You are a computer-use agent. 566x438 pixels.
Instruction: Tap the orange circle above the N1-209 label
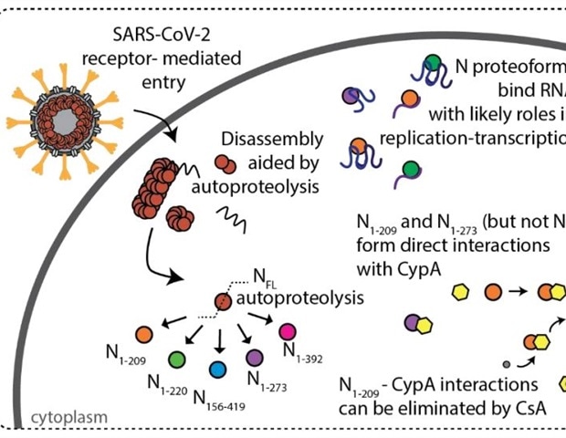(142, 335)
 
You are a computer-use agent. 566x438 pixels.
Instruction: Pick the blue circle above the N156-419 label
(216, 369)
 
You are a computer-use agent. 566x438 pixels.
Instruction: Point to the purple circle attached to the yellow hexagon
(412, 321)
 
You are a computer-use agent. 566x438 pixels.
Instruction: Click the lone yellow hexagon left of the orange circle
(462, 292)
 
